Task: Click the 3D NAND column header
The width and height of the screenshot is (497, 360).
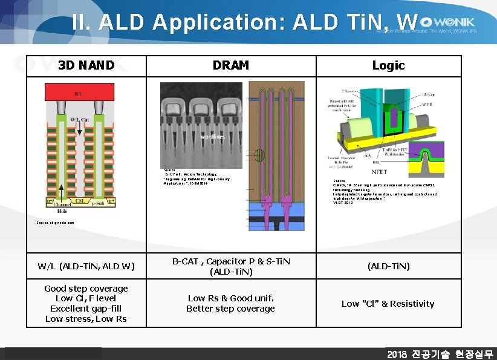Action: pos(86,65)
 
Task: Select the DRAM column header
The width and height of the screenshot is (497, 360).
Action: pos(230,65)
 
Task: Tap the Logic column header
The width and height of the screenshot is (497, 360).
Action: pos(388,65)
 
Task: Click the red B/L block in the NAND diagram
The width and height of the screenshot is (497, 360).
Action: pos(79,92)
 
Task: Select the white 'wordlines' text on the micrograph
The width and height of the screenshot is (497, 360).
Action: pos(213,137)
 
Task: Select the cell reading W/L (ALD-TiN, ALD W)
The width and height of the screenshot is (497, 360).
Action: pos(86,266)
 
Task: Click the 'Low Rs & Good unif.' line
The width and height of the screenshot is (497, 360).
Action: pos(230,298)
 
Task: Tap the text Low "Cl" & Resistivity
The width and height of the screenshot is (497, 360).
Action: pos(388,304)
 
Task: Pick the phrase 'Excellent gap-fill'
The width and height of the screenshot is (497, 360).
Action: pos(86,309)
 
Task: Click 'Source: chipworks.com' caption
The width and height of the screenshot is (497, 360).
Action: pos(55,223)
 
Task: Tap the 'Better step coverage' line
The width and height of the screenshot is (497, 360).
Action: pos(230,309)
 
